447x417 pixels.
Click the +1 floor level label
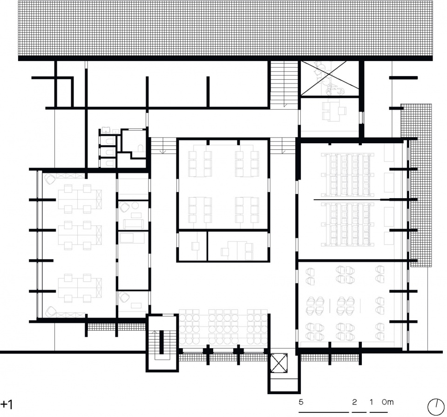(x=7, y=404)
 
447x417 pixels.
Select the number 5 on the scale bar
(x=301, y=402)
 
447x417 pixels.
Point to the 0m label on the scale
(x=388, y=402)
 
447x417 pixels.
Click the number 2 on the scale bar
(x=354, y=402)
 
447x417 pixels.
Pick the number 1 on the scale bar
(x=371, y=402)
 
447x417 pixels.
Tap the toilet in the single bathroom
(x=140, y=148)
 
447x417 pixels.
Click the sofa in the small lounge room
(x=134, y=224)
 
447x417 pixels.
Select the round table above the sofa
(x=135, y=205)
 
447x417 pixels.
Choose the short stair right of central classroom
(x=282, y=146)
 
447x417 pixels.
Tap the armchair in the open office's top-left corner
(x=50, y=179)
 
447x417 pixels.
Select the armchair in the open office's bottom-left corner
(x=51, y=312)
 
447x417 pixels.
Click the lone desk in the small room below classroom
(x=195, y=246)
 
